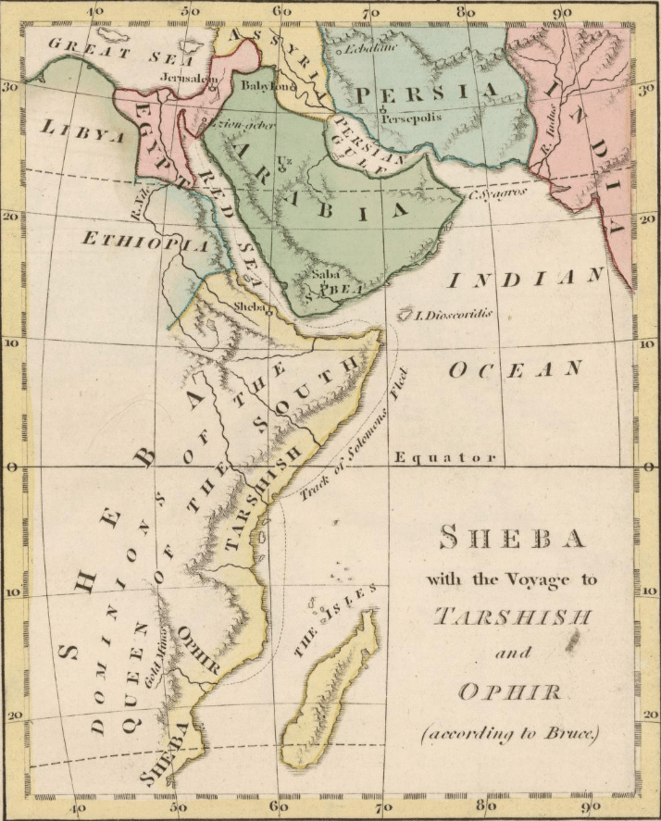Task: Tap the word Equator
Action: click(x=445, y=457)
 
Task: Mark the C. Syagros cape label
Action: click(x=498, y=193)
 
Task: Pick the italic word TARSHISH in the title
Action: click(x=512, y=616)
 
